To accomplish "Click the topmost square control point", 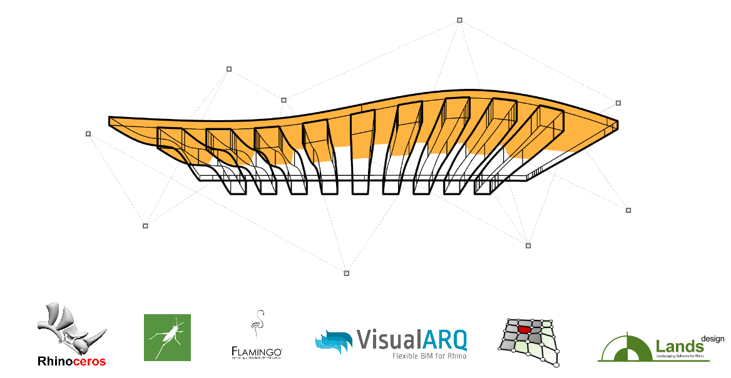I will tap(459, 21).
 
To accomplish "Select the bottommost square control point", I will tap(347, 273).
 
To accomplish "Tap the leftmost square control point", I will tap(88, 133).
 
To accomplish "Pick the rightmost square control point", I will tap(628, 210).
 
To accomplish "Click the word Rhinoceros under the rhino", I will tap(72, 361).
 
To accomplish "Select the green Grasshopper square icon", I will tap(167, 337).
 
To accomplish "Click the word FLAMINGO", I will tap(257, 351).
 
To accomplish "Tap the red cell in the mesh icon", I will tap(524, 329).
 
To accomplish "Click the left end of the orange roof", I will tap(111, 121).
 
